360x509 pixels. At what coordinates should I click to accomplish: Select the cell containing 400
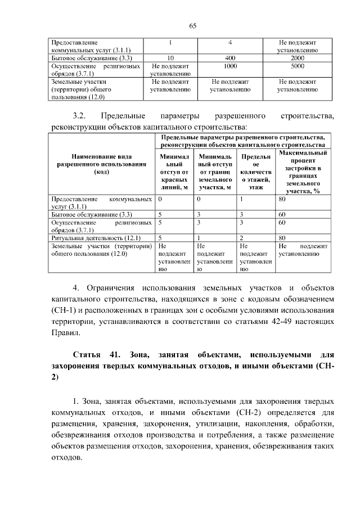pos(229,58)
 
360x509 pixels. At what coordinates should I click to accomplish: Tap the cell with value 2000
pos(298,58)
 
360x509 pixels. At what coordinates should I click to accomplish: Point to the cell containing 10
pos(170,58)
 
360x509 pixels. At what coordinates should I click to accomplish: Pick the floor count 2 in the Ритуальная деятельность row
pos(241,238)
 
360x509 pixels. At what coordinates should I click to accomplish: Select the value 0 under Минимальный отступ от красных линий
pos(160,199)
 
